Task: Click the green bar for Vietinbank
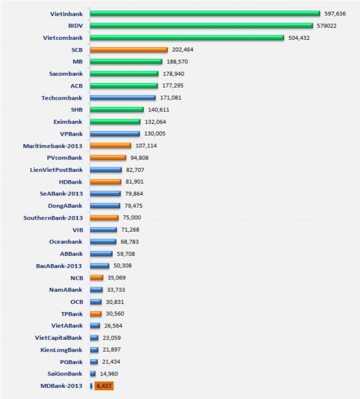pyautogui.click(x=205, y=13)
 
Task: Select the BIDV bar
pyautogui.click(x=201, y=25)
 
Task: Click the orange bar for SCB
pyautogui.click(x=128, y=50)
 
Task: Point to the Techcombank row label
pyautogui.click(x=62, y=97)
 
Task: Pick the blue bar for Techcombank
pyautogui.click(x=123, y=97)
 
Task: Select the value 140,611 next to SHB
pyautogui.click(x=159, y=110)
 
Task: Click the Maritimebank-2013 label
pyautogui.click(x=52, y=146)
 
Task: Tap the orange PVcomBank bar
pyautogui.click(x=108, y=157)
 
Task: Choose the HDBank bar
pyautogui.click(x=106, y=181)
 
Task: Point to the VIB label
pyautogui.click(x=77, y=229)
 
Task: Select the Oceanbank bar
pyautogui.click(x=103, y=242)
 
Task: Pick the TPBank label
pyautogui.click(x=72, y=314)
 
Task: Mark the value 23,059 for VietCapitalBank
pyautogui.click(x=114, y=338)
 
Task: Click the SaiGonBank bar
pyautogui.click(x=93, y=374)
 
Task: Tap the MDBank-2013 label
pyautogui.click(x=59, y=386)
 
